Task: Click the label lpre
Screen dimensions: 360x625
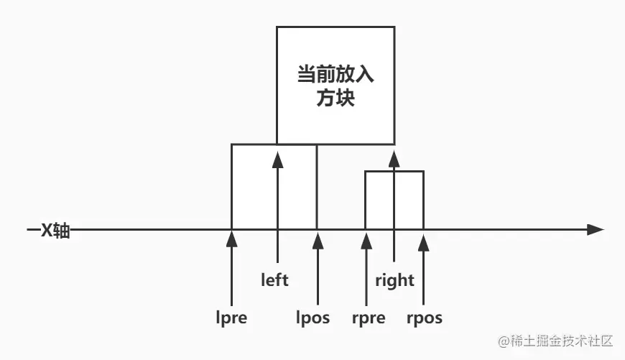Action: [x=231, y=318]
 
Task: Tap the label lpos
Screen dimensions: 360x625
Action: [x=313, y=318]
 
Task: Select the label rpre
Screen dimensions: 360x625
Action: [x=369, y=318]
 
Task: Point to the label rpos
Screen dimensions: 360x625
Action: [x=424, y=318]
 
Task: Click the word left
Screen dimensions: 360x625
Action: [x=274, y=280]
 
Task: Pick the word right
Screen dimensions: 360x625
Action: [x=395, y=280]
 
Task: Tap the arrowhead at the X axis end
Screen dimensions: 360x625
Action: [x=595, y=230]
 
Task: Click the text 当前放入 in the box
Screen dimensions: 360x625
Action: [x=335, y=74]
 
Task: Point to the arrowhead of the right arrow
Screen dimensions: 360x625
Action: [x=394, y=158]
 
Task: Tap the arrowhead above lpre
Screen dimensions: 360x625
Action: [x=231, y=239]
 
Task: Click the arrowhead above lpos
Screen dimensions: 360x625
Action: [x=317, y=239]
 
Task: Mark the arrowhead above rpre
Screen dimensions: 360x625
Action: [x=366, y=239]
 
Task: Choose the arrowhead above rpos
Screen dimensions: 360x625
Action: [x=424, y=239]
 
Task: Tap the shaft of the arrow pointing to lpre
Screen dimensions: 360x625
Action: [x=231, y=277]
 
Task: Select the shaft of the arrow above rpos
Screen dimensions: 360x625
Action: [x=424, y=277]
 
